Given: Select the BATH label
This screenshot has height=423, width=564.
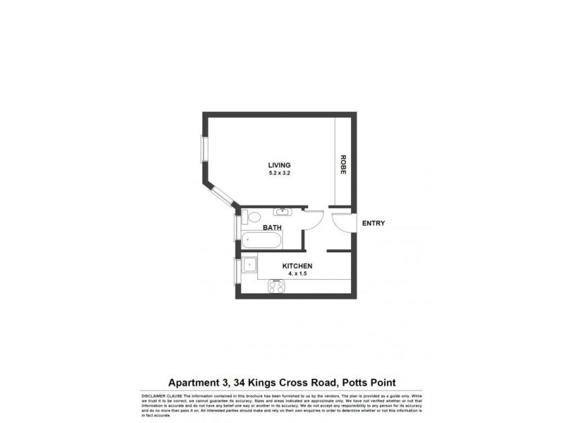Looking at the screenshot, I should point(273,228).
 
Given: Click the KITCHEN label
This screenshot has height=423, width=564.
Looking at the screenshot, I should point(298,266).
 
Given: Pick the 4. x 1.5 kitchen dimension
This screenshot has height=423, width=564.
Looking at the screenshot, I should point(298,274).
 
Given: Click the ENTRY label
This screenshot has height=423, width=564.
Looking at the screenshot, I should point(373,223).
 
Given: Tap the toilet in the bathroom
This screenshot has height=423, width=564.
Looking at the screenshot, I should point(252,217).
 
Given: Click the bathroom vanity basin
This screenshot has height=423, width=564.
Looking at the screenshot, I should point(283,211).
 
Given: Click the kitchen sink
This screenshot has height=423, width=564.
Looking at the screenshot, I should point(249,266).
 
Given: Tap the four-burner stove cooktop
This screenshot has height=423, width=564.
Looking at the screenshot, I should point(276,286).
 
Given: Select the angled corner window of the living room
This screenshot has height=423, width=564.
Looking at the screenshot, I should point(220,195).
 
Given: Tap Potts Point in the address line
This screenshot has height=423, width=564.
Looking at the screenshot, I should point(366,383).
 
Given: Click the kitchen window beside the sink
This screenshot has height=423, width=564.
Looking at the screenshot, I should point(237,271).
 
